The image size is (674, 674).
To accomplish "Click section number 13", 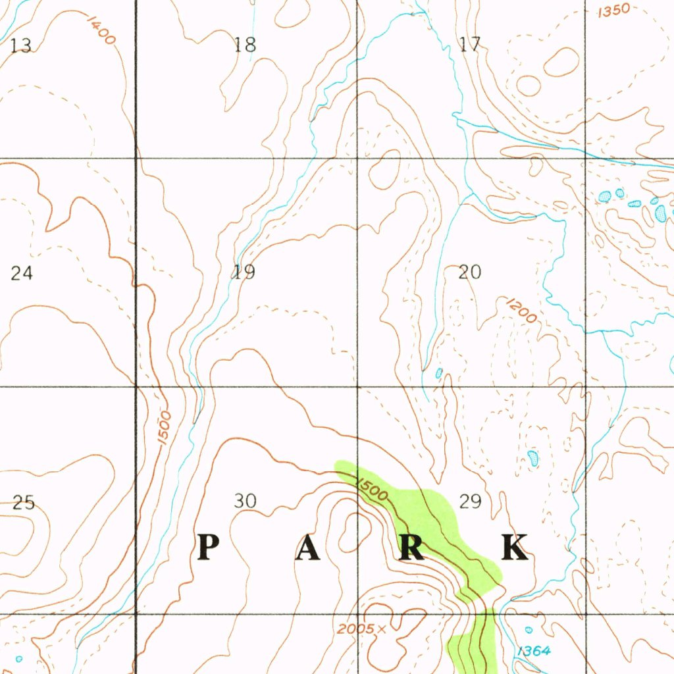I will tap(21, 45).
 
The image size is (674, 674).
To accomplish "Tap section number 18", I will tap(245, 45).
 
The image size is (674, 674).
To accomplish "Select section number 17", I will tap(470, 45).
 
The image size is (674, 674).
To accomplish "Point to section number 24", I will tap(21, 272).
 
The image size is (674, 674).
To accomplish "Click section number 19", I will tap(244, 272).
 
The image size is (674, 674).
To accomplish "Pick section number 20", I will tap(470, 272).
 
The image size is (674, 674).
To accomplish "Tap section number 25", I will tap(24, 503).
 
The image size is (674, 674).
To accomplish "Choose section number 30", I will tap(245, 502).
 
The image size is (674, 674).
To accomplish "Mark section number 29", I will tap(471, 502).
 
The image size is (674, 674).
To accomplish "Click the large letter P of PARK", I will tap(208, 547).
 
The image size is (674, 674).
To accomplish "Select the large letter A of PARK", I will tap(307, 548).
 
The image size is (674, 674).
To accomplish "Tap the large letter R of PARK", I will tap(411, 548).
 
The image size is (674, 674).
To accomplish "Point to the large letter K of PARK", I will tap(515, 548).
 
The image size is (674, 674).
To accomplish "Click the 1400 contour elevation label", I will tap(101, 30).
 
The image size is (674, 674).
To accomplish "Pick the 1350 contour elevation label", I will tap(613, 11).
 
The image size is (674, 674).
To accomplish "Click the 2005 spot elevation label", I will tap(353, 629).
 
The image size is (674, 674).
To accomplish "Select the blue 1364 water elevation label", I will tap(533, 651).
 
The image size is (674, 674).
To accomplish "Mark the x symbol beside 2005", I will tap(381, 629).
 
